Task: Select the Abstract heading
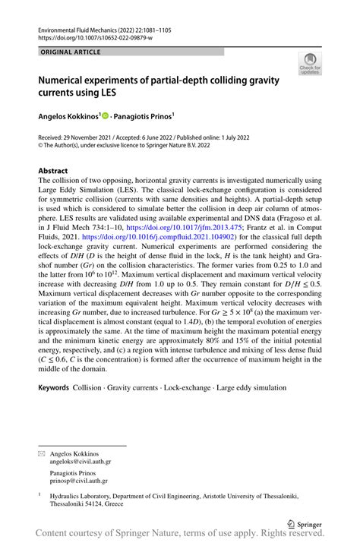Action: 53,171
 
